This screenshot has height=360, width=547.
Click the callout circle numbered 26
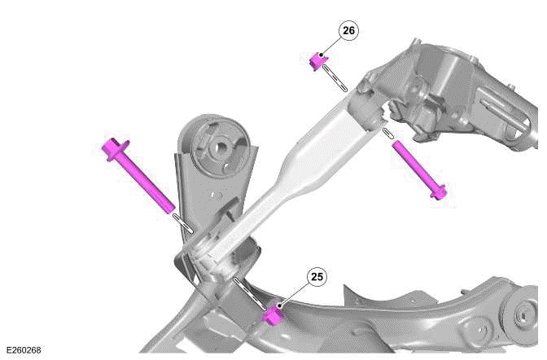pos(348,31)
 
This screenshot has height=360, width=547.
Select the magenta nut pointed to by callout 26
pos(318,60)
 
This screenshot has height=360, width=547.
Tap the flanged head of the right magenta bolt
pos(440,193)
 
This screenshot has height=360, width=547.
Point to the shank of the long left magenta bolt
pos(147,183)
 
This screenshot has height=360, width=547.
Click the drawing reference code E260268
pos(22,350)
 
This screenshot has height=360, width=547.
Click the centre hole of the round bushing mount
pos(219,149)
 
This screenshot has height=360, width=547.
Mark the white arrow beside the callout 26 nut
pos(336,77)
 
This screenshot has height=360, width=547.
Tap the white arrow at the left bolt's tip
pos(184,222)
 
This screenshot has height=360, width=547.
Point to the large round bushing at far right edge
pos(524,318)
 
